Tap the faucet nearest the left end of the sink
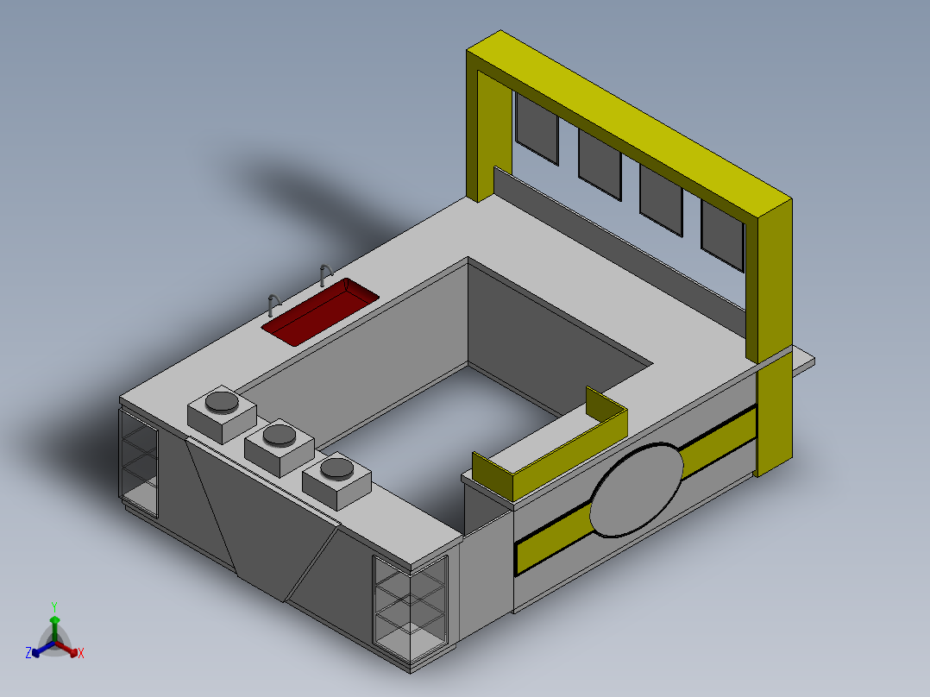[273, 305]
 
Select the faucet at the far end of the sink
[325, 274]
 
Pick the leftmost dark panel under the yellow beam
[536, 128]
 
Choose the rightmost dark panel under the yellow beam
[722, 234]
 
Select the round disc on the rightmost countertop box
[336, 469]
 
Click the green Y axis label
[53, 606]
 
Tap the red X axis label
[81, 654]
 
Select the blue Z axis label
[28, 654]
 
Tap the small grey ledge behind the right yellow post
[803, 361]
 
